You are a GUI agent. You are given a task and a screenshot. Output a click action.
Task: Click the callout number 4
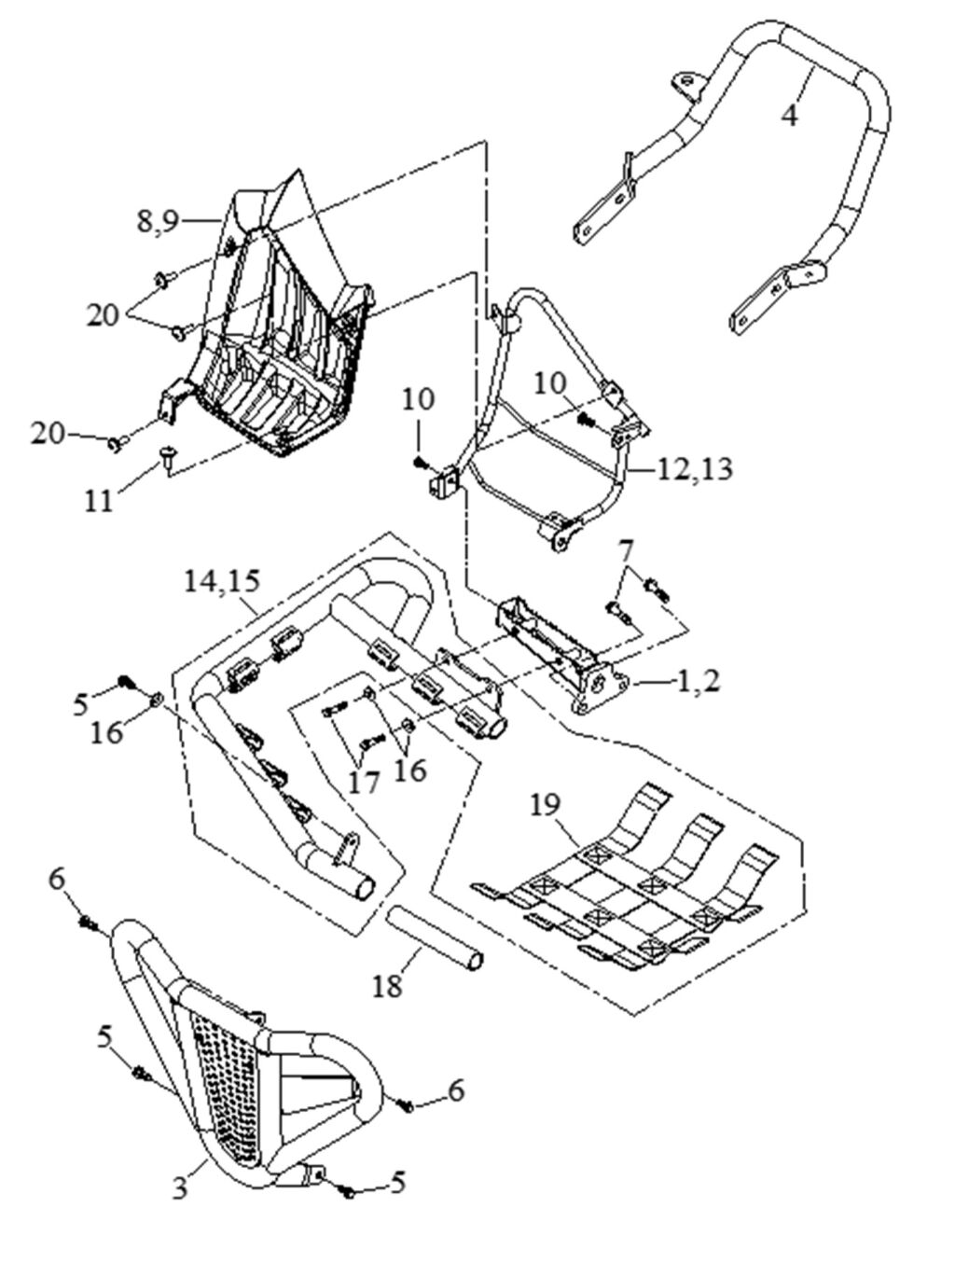(790, 116)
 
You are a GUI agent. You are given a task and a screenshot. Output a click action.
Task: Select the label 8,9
(158, 221)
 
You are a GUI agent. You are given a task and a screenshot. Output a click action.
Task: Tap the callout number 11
(99, 500)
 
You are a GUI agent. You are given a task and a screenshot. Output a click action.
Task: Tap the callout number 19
(548, 803)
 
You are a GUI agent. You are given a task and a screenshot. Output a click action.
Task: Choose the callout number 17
(364, 781)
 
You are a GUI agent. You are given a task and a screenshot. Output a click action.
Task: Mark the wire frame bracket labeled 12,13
(550, 410)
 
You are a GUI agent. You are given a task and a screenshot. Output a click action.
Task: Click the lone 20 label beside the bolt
(50, 433)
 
